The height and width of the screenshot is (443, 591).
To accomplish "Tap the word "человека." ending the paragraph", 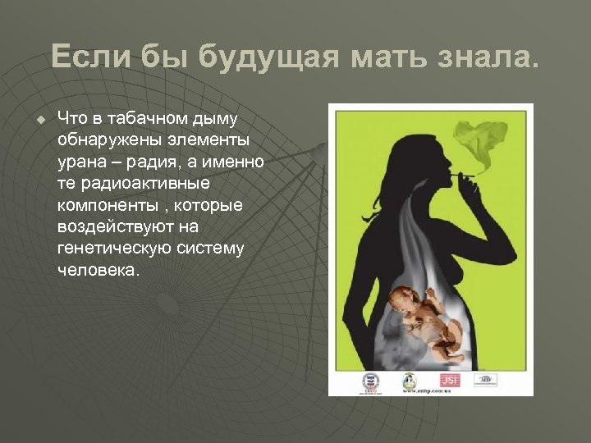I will (x=98, y=269).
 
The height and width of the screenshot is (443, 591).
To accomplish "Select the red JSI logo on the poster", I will (x=449, y=379).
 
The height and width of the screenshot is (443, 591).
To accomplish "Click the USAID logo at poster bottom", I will (x=369, y=382).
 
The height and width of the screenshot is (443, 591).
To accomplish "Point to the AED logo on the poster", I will (x=486, y=379).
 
